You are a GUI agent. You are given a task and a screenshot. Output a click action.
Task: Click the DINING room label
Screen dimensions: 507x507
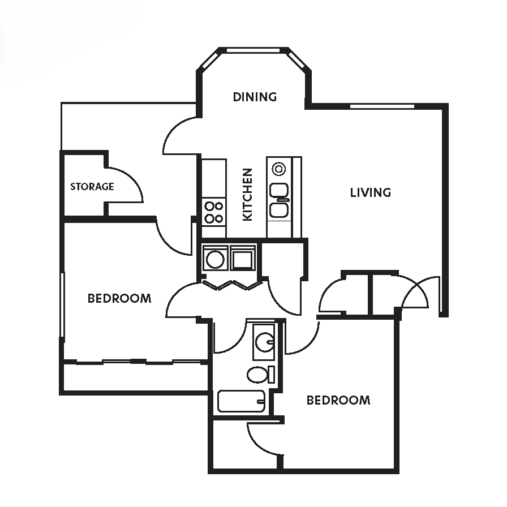tap(255, 97)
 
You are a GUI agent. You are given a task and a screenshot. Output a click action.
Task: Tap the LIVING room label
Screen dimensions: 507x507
tap(370, 192)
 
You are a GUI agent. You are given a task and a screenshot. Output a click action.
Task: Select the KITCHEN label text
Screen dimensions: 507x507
tap(247, 194)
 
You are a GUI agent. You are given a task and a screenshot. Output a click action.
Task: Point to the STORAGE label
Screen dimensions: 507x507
tap(92, 186)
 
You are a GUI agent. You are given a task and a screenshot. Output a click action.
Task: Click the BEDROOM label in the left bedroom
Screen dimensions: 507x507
tap(119, 298)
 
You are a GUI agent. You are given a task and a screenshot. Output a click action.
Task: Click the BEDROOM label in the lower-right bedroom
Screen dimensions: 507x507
tap(338, 401)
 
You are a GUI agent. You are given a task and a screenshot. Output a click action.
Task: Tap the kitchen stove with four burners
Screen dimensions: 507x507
tap(214, 212)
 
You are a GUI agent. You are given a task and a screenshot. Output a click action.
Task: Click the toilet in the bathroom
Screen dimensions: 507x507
tap(259, 375)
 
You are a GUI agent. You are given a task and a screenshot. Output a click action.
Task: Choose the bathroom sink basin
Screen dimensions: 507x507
tap(264, 341)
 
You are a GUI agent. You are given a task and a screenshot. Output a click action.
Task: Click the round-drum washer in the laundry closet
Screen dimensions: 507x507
tap(215, 259)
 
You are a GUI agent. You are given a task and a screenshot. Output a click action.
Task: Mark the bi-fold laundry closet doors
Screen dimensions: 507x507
tap(231, 284)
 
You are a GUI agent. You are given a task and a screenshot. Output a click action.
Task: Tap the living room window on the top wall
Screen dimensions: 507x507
tap(382, 106)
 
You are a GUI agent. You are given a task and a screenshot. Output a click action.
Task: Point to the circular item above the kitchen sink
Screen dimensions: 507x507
tap(278, 168)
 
